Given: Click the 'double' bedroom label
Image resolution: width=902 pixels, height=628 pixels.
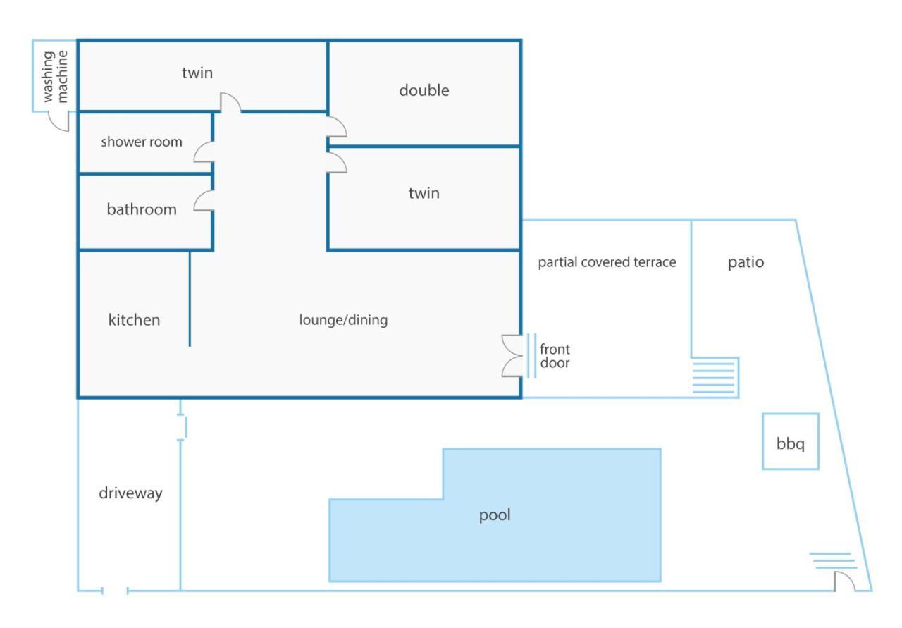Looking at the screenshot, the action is click(424, 90).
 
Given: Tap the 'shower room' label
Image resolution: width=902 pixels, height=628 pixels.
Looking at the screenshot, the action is click(142, 142).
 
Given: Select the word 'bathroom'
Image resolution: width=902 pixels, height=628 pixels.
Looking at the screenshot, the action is click(142, 209).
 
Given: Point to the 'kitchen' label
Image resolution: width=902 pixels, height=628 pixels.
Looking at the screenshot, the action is click(134, 320).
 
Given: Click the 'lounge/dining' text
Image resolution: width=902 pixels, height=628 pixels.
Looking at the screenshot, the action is click(343, 320).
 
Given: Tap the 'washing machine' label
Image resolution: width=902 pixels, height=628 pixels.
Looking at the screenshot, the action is click(55, 77).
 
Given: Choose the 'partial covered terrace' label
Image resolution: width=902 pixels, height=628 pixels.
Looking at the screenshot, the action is click(607, 262).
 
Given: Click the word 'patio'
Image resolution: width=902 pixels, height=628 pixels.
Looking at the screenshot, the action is click(746, 263).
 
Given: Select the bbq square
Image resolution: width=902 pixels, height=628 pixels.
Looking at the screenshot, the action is click(791, 441).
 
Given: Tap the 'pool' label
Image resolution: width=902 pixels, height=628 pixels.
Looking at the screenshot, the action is click(495, 515).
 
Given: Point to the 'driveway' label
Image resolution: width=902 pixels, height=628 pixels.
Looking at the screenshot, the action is click(130, 493).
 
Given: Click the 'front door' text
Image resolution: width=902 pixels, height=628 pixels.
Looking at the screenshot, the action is click(555, 356).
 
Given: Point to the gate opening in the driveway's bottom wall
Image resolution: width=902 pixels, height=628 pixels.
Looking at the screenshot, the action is click(115, 591).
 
